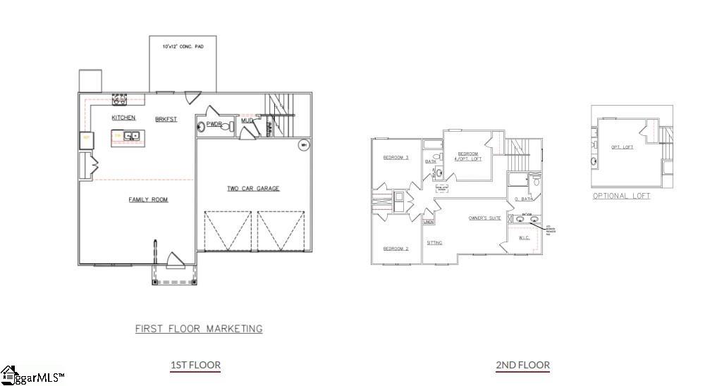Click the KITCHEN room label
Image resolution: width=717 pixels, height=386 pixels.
[123, 118]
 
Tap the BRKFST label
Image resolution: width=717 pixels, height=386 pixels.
[166, 120]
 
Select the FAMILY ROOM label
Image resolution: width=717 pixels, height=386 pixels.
[148, 200]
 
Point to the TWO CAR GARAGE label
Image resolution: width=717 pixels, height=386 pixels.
[253, 188]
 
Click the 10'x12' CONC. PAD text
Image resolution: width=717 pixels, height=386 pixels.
[182, 46]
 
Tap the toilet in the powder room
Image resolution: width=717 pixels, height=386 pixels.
[202, 126]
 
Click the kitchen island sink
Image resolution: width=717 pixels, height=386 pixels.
[131, 136]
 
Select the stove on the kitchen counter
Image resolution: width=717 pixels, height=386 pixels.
[119, 100]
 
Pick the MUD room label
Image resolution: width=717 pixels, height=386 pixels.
[247, 120]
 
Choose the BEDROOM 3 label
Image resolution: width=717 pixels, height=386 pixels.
[396, 158]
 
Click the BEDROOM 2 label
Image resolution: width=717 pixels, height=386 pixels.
[396, 249]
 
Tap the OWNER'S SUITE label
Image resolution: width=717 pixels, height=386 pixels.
[484, 218]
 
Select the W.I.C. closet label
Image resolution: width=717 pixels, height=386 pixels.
[525, 238]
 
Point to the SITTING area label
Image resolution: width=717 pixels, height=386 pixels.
[434, 243]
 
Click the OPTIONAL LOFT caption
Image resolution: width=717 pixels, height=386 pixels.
[621, 196]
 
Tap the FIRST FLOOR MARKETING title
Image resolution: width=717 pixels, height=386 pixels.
[199, 329]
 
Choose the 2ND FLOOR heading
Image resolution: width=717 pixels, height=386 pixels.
[522, 365]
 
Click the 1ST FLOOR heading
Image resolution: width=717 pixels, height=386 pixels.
[195, 365]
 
